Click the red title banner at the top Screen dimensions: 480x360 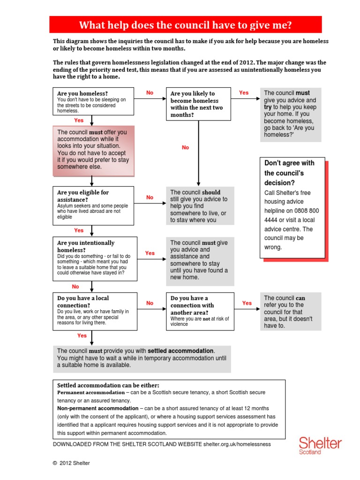186,24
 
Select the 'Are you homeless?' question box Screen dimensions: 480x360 93,101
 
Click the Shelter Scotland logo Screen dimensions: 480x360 320,446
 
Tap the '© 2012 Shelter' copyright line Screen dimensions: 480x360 71,463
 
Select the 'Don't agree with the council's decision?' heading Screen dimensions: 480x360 289,172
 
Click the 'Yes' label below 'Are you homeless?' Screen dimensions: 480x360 79,120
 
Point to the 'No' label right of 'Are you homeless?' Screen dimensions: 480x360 150,93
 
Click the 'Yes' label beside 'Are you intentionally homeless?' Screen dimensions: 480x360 150,253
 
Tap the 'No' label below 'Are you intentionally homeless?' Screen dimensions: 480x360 75,286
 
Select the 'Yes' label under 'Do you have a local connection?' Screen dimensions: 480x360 82,336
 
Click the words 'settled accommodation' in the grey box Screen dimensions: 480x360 180,351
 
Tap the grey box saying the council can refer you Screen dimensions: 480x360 291,312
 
